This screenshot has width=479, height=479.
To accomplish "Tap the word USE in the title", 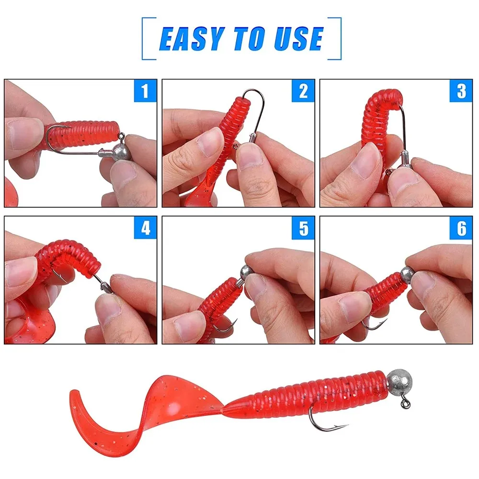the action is [298, 38].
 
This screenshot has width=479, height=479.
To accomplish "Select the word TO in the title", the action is [249, 38].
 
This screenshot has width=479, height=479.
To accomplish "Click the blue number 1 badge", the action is [146, 91].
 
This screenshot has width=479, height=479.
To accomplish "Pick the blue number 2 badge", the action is [303, 91].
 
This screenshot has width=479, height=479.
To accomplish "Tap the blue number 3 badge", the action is [461, 91].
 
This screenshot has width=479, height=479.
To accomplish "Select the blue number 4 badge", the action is [146, 228].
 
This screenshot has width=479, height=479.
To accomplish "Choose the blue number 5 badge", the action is [303, 228].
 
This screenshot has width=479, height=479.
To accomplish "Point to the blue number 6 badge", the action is [461, 228].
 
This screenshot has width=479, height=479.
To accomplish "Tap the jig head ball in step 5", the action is [246, 272].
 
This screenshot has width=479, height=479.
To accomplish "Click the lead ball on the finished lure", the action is [399, 382].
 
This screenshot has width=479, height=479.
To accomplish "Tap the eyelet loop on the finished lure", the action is [406, 403].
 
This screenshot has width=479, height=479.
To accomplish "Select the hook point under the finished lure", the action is [347, 425].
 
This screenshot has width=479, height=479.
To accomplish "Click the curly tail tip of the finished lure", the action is [73, 392].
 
